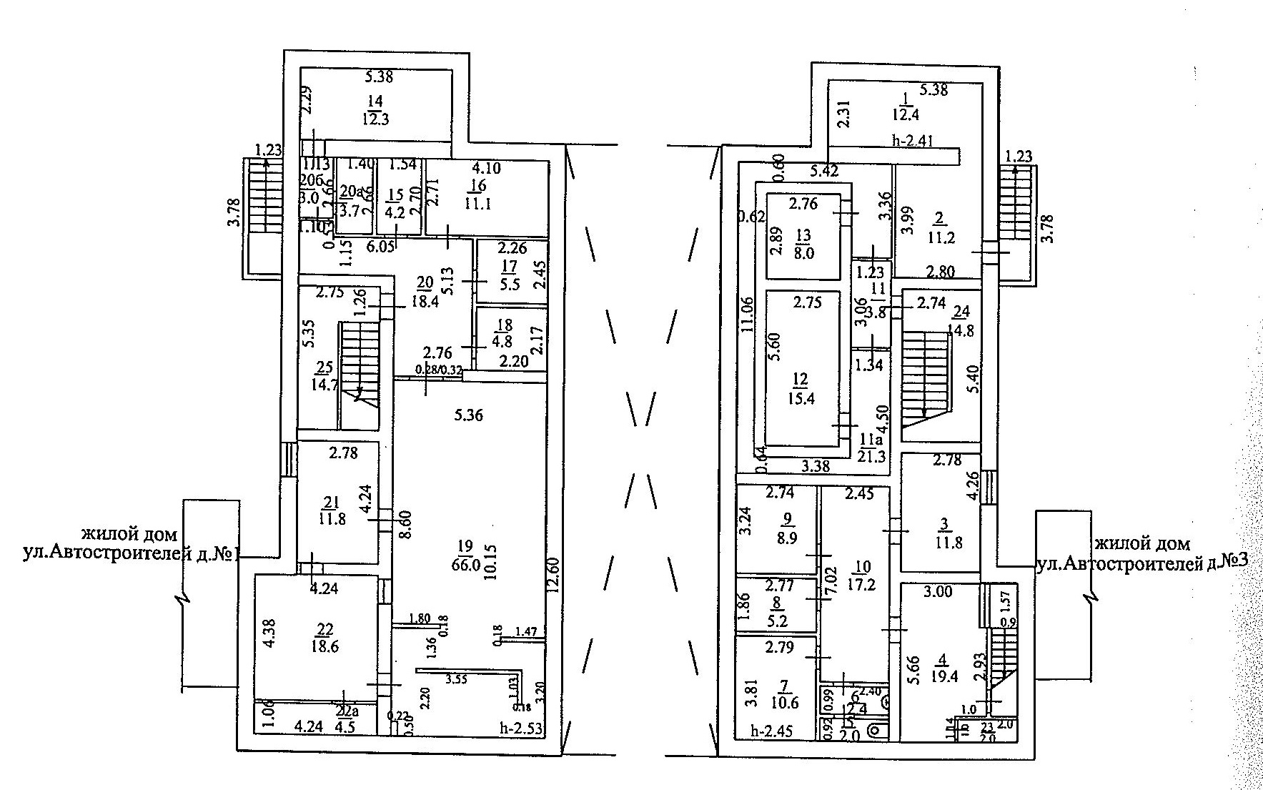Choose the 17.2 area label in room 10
[x=861, y=584]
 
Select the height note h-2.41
[x=913, y=141]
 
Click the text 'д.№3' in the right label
[x=1227, y=561]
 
